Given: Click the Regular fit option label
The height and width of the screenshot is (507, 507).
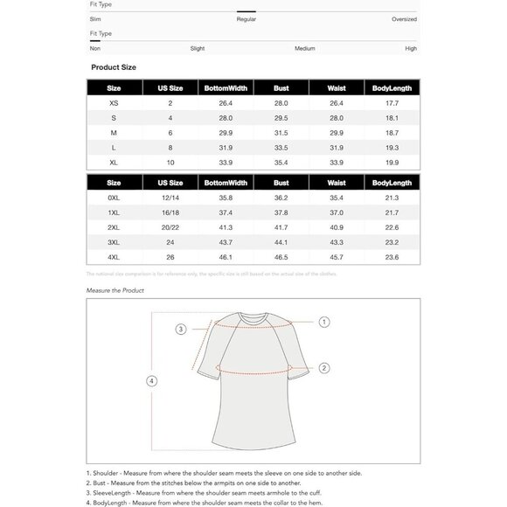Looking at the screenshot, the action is click(x=246, y=18).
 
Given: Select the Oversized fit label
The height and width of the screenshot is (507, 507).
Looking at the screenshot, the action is click(x=404, y=18).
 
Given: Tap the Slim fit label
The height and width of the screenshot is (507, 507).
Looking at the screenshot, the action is click(x=95, y=18).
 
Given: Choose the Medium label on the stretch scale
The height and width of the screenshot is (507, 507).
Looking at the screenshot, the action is click(x=304, y=48).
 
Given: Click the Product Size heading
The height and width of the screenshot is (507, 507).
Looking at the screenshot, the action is click(x=114, y=67).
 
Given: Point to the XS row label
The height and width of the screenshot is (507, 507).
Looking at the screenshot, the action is click(x=114, y=103).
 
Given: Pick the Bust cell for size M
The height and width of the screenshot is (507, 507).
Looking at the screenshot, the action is click(x=281, y=132).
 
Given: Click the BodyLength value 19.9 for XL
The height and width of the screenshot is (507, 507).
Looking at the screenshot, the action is click(x=392, y=162).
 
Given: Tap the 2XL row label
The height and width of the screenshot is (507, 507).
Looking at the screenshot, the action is click(x=114, y=227).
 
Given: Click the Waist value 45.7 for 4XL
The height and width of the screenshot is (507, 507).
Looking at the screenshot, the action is click(x=337, y=257).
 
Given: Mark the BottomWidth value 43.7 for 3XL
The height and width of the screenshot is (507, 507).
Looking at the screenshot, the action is click(x=226, y=242).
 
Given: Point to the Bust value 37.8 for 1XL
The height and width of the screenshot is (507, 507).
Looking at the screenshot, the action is click(x=281, y=213).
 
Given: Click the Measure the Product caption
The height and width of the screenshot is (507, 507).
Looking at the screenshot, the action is click(x=115, y=290).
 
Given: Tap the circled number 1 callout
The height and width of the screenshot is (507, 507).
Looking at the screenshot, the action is click(x=324, y=323).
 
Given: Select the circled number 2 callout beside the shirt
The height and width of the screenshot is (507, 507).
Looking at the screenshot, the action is click(x=323, y=368).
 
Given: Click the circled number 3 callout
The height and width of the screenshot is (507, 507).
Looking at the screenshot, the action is click(x=181, y=330).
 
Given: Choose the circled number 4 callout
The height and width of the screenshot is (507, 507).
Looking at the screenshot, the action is click(x=151, y=381).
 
